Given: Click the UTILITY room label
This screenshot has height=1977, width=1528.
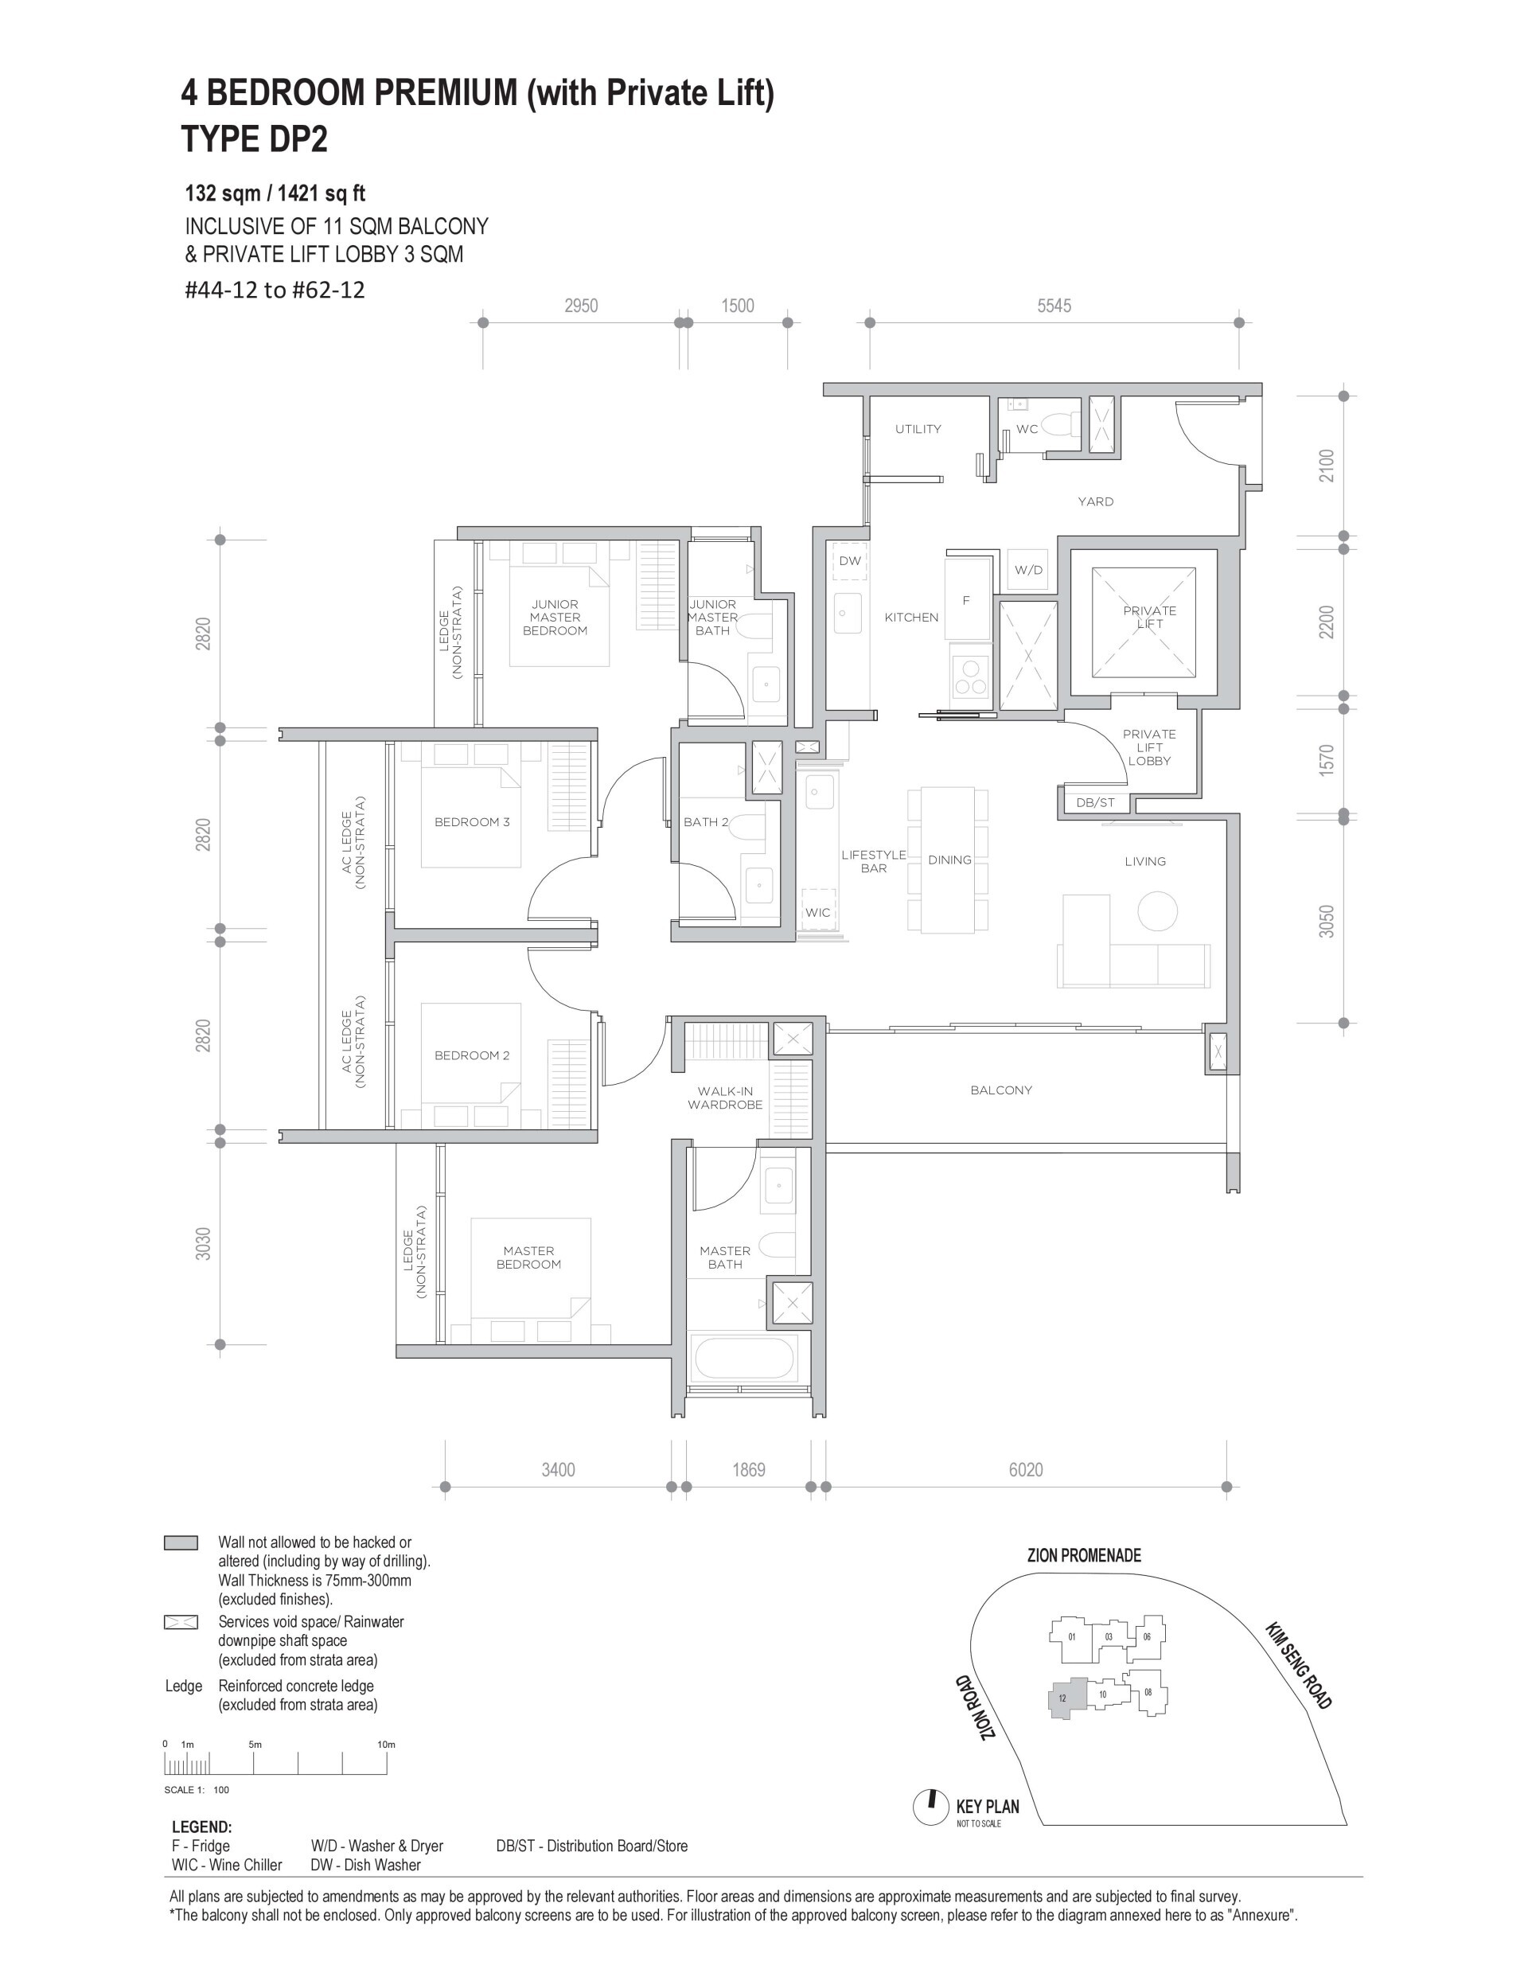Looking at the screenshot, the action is [918, 429].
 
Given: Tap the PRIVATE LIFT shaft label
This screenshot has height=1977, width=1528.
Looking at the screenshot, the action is [1150, 618].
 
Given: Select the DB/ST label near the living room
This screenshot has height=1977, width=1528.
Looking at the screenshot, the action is [1095, 803].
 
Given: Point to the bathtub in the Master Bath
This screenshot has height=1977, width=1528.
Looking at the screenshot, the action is [743, 1359].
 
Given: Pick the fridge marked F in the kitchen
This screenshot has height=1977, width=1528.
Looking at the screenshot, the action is [967, 599].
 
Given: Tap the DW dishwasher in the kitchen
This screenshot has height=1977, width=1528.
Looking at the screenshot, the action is [850, 561].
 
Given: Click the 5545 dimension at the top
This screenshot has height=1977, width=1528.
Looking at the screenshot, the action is [1054, 306].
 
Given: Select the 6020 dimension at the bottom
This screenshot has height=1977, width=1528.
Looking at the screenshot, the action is [1026, 1470].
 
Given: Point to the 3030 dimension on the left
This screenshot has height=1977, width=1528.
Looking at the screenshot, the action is [204, 1244].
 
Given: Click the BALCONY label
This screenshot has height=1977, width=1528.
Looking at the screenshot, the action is [1001, 1091].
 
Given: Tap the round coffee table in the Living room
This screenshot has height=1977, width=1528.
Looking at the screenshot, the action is [1157, 911].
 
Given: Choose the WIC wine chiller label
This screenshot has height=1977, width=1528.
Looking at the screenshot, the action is [817, 912].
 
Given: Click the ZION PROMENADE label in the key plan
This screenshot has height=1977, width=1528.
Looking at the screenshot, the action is [1084, 1556].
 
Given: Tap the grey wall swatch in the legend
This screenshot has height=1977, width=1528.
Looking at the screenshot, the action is [181, 1543].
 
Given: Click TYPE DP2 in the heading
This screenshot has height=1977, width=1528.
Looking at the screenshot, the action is [255, 139].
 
